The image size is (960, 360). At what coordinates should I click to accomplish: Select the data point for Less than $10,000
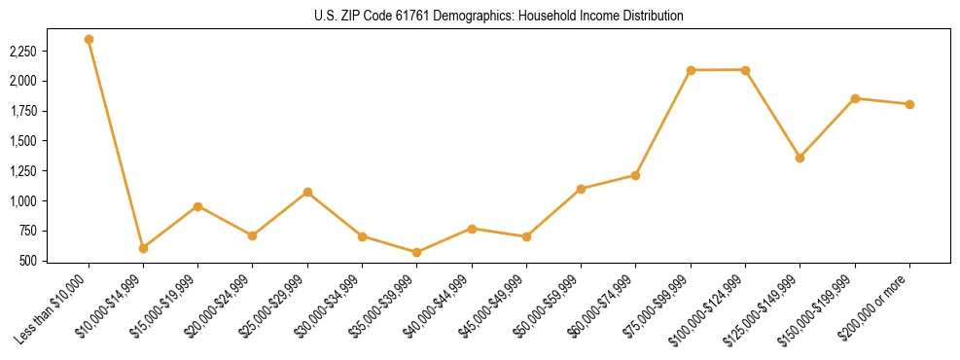point(89,40)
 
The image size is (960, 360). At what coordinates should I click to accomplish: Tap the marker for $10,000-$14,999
point(143,248)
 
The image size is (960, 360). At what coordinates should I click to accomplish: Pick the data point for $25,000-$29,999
point(307,193)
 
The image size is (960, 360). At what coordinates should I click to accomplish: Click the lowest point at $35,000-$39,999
point(416,252)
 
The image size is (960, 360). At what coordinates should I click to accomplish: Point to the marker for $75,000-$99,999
point(691,70)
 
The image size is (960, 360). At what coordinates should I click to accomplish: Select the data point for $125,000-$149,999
point(800,158)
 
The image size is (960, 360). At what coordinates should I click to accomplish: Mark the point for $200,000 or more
point(909,104)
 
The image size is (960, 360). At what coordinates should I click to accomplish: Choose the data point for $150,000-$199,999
point(855,98)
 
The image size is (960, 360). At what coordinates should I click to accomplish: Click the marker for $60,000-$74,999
point(635,175)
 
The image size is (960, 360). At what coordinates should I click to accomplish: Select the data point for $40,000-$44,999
point(472,229)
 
